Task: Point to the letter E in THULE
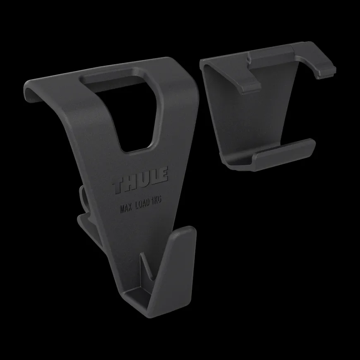tap(163, 174)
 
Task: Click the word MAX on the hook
tap(126, 208)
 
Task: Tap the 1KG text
tap(156, 200)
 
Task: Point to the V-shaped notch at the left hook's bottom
tap(146, 266)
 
